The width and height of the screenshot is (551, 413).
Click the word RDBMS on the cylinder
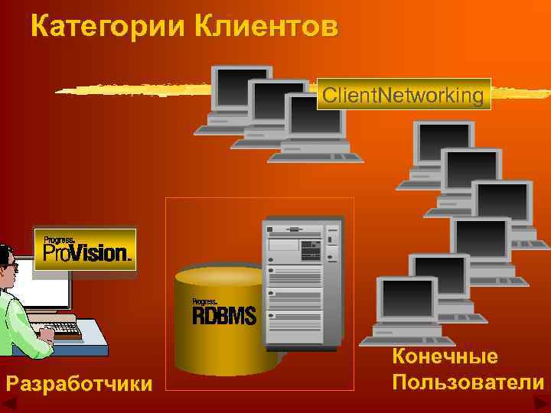click(x=224, y=314)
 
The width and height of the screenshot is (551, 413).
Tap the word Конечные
click(x=445, y=356)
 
